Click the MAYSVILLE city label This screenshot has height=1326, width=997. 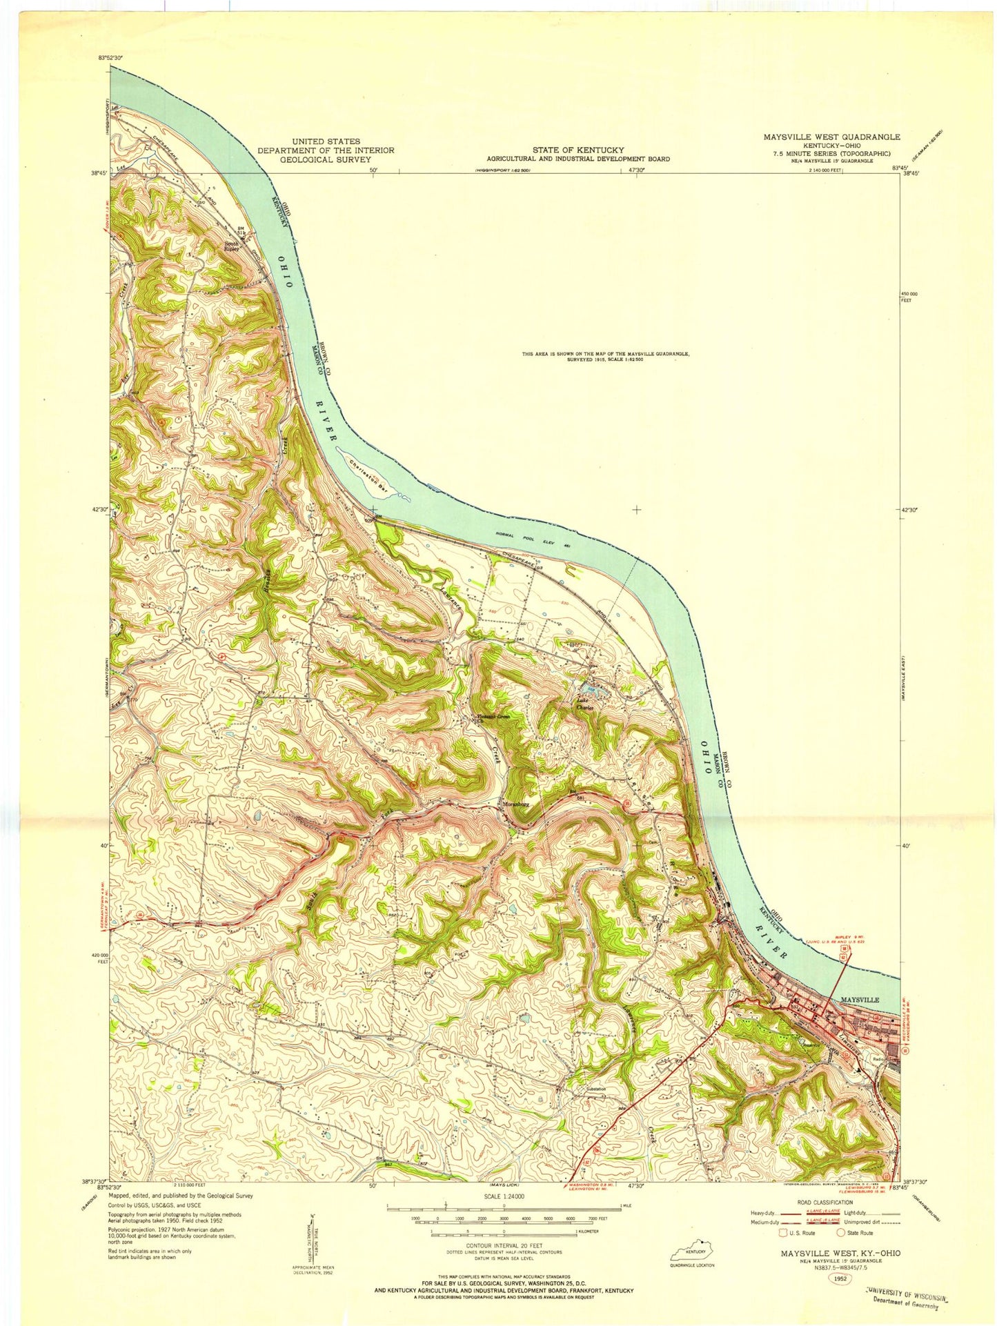[859, 1000]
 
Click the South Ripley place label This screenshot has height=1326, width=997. [230, 246]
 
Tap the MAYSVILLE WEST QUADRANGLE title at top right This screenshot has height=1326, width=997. [831, 137]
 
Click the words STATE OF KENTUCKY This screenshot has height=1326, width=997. [578, 150]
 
